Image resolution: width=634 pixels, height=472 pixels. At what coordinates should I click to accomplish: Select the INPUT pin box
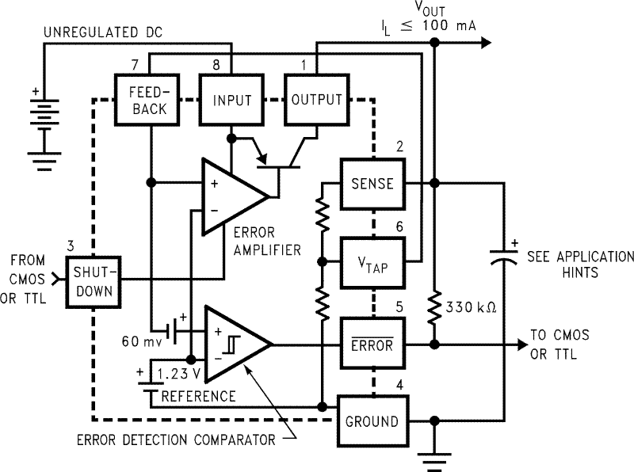[231, 100]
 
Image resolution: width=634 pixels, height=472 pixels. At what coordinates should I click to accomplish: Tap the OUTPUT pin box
[316, 100]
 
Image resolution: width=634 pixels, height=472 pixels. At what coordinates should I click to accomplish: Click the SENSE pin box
[372, 184]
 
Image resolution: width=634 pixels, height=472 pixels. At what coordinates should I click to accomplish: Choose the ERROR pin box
[372, 344]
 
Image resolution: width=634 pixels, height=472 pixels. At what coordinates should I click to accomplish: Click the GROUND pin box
[372, 421]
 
